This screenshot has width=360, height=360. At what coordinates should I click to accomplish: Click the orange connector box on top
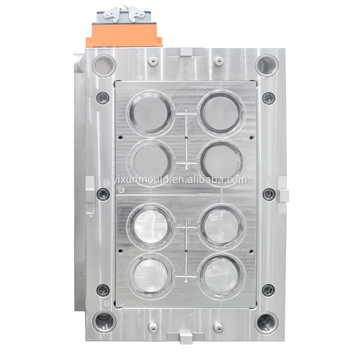[124, 35]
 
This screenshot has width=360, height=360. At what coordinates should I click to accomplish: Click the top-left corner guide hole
[104, 65]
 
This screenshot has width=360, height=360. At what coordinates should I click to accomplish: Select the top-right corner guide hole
[267, 65]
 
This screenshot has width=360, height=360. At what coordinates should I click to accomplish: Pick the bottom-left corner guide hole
[104, 322]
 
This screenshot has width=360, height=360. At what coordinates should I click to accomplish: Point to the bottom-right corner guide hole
[267, 323]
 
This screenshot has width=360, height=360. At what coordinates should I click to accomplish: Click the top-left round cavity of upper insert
[150, 113]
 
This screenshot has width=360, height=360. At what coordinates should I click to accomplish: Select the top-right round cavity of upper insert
[221, 113]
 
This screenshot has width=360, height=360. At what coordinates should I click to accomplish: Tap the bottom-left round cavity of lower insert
[150, 276]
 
